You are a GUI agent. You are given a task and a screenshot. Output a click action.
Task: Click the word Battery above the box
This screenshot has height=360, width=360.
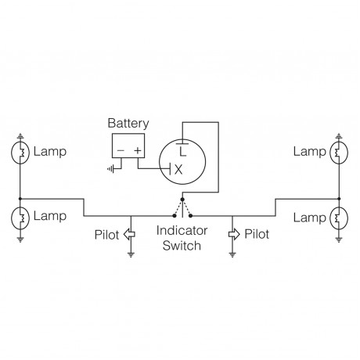[128, 123]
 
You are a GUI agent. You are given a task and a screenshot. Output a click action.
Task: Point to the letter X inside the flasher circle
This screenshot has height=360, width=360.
[178, 168]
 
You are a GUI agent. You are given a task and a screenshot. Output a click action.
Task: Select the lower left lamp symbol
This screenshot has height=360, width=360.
[21, 215]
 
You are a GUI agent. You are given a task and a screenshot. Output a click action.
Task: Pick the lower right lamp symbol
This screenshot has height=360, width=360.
[338, 215]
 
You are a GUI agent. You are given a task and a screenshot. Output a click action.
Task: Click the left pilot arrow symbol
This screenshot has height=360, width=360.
[130, 234]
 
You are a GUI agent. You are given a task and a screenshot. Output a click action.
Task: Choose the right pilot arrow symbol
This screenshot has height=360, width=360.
[232, 234]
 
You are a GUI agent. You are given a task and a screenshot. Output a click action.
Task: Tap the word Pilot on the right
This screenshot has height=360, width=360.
[257, 233]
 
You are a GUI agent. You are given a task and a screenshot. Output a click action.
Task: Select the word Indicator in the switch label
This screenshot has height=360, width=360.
[181, 232]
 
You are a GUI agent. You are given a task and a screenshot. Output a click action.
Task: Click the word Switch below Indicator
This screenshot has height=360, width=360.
[181, 246]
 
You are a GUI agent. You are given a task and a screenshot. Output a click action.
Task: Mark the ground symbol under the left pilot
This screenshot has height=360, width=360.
[130, 254]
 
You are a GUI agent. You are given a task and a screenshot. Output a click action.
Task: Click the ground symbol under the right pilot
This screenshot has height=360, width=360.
[232, 254]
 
